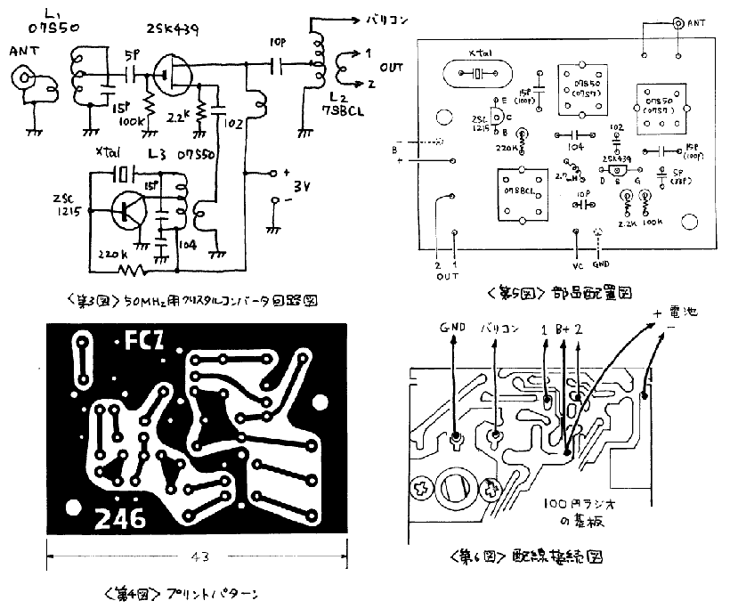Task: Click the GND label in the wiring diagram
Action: pyautogui.click(x=448, y=328)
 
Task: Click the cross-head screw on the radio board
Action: pyautogui.click(x=422, y=491)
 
